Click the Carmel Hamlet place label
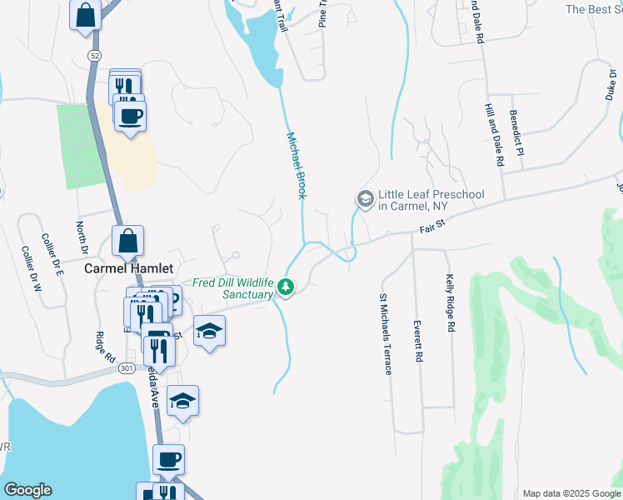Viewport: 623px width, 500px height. (130, 268)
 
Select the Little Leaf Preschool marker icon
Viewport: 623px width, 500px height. (365, 199)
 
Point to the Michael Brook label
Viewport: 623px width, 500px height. (297, 165)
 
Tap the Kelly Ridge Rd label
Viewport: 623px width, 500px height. (451, 304)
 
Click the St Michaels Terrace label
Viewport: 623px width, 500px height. (385, 333)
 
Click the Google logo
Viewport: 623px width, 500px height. (27, 490)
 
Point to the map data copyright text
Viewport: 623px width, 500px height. (571, 493)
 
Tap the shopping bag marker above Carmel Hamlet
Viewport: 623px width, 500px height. (127, 242)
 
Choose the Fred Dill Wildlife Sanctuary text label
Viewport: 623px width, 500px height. (233, 288)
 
